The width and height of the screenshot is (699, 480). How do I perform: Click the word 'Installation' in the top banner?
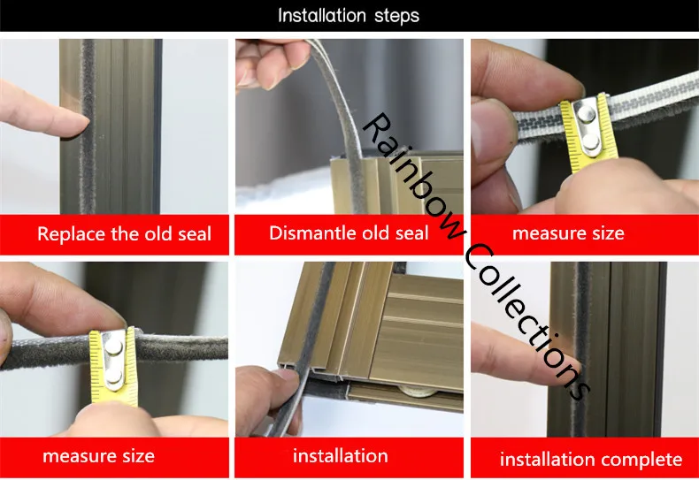[321, 16]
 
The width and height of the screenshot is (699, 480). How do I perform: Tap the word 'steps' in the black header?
[396, 17]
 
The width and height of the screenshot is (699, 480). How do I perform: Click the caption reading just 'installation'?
[340, 456]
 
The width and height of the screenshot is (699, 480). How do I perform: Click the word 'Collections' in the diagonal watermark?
[527, 322]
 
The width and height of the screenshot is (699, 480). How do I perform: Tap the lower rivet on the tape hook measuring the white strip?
[591, 141]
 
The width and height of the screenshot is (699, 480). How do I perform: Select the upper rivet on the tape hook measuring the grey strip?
[113, 347]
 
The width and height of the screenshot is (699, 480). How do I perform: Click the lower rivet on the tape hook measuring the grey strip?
[114, 377]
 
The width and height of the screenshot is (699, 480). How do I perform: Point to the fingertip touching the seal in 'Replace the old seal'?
[81, 124]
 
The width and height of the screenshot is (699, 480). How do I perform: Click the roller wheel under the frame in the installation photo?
[419, 392]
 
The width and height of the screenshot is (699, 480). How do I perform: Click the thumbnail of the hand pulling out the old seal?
[349, 126]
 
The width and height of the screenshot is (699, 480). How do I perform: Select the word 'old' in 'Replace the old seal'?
[158, 233]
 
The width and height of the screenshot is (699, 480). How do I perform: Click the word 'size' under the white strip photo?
[608, 232]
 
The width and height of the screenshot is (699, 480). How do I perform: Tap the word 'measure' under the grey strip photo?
[75, 456]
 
